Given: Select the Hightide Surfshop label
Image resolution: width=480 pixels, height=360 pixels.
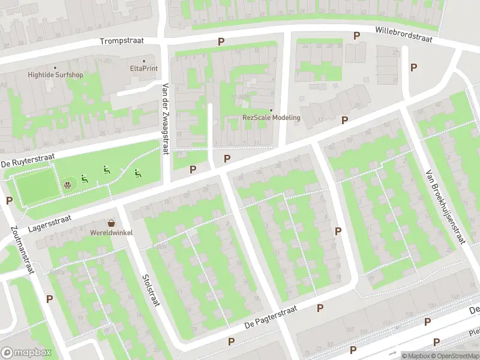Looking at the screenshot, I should pyautogui.click(x=55, y=75).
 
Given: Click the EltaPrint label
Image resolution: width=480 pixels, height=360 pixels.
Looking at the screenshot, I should pyautogui.click(x=143, y=68).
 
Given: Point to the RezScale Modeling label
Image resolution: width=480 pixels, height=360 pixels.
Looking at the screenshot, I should pyautogui.click(x=271, y=118).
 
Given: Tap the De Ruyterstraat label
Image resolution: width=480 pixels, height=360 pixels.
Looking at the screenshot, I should pyautogui.click(x=28, y=160).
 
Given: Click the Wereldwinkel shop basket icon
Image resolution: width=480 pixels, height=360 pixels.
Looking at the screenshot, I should pyautogui.click(x=111, y=223).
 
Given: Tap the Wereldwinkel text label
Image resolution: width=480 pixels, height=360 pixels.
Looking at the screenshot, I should pyautogui.click(x=111, y=232).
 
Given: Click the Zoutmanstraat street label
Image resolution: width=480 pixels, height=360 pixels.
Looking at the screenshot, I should pyautogui.click(x=21, y=249).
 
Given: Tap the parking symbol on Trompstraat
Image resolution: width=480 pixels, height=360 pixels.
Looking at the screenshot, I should pyautogui.click(x=221, y=42).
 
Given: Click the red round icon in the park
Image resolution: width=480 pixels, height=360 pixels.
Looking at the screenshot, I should pyautogui.click(x=68, y=184).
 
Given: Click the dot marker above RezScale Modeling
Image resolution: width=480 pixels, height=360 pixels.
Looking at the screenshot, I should pyautogui.click(x=271, y=110).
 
